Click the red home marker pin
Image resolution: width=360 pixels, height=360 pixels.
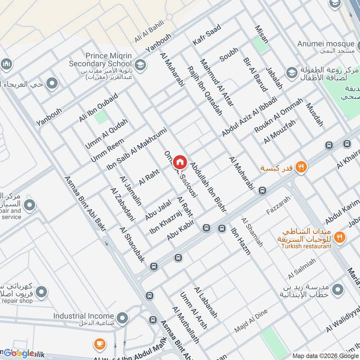(180, 161)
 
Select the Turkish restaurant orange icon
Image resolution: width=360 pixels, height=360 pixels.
(340, 236)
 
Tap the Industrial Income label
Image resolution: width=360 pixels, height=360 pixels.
(82, 316)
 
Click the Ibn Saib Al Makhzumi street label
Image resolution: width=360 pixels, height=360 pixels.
(136, 149)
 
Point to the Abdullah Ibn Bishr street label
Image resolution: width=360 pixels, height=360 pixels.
(208, 188)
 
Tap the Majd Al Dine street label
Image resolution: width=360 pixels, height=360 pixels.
(251, 321)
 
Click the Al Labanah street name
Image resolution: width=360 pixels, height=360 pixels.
(206, 302)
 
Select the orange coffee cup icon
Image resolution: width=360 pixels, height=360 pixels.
(100, 345)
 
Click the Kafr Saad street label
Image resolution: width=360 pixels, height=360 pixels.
(207, 35)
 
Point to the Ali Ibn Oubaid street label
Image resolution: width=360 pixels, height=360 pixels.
(98, 108)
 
